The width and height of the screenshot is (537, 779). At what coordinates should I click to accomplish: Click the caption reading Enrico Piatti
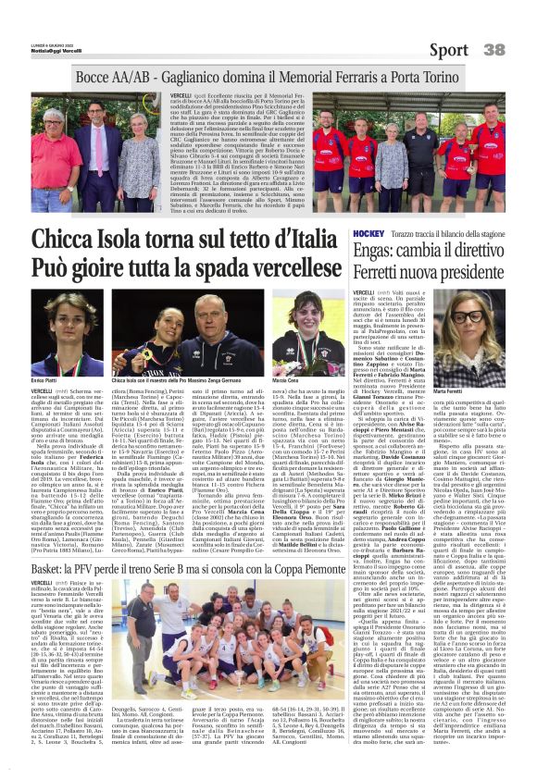(x=43, y=380)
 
